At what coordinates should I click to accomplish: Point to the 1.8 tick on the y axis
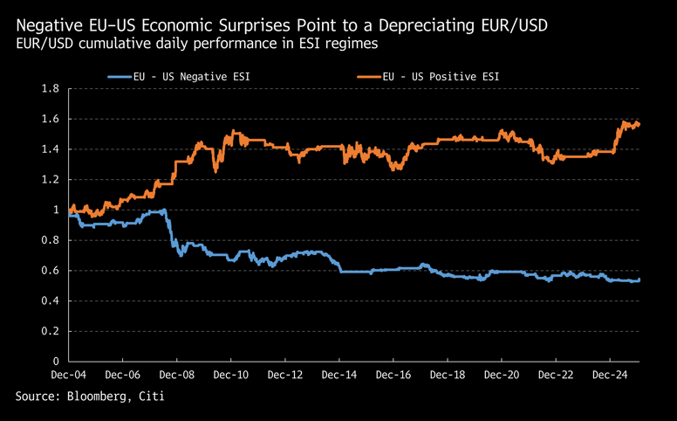click(51, 89)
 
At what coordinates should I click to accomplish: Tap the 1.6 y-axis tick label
click(51, 119)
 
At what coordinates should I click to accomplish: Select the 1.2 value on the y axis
click(51, 180)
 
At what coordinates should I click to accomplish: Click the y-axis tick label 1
click(56, 210)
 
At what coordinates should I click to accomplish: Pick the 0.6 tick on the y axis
click(51, 271)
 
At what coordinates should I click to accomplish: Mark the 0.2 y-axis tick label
click(51, 331)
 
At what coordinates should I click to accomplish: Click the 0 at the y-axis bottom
click(56, 361)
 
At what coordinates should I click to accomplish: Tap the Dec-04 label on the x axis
click(67, 376)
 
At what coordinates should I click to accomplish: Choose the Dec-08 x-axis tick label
click(175, 376)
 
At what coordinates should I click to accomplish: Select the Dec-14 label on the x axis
click(338, 376)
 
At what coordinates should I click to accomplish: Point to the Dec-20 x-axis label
click(501, 376)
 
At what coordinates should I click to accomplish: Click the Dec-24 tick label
click(609, 376)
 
